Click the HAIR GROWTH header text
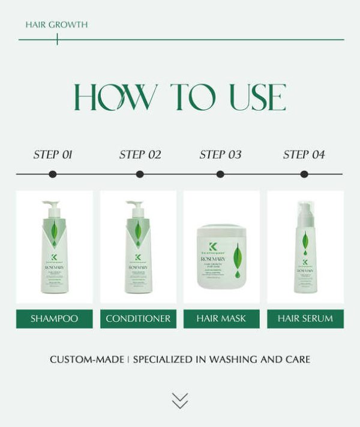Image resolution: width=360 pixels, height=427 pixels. [x=56, y=25]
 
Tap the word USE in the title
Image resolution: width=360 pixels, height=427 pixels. [x=250, y=97]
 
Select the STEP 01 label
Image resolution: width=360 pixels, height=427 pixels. [x=53, y=155]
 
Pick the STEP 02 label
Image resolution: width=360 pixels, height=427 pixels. [x=140, y=155]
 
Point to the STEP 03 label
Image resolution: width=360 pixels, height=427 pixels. [x=220, y=155]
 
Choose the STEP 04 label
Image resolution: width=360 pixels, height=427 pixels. [x=304, y=155]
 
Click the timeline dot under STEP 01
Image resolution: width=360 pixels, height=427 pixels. [x=53, y=175]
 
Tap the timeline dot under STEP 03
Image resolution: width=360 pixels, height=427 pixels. [x=220, y=175]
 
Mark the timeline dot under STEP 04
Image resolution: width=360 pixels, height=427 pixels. [x=304, y=175]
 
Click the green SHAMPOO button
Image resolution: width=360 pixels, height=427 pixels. [x=54, y=318]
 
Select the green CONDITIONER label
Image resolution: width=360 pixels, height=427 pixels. [x=138, y=318]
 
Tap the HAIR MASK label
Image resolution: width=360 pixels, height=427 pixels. [x=221, y=318]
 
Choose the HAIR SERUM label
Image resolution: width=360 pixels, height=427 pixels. [x=305, y=318]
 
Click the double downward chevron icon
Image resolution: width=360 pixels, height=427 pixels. [x=179, y=401]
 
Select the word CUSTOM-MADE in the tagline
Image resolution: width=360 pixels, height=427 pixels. [x=87, y=360]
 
